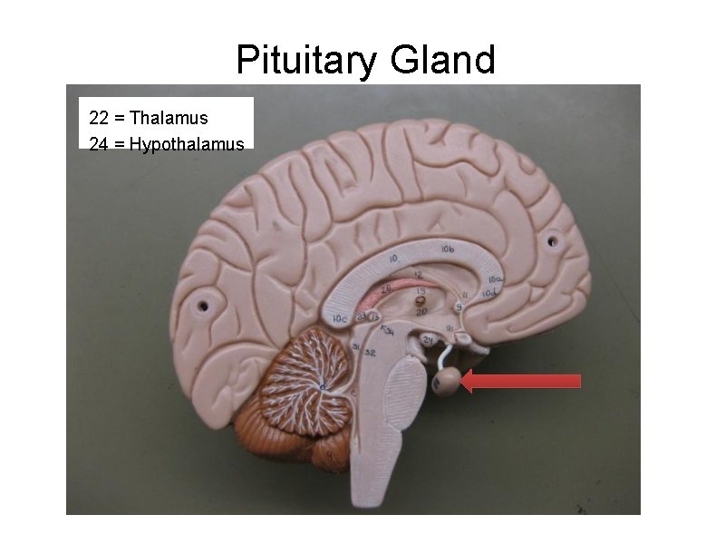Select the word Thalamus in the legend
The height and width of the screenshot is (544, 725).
coord(169,118)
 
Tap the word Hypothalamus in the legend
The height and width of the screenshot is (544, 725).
coord(187,143)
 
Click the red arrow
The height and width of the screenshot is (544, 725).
coord(520,381)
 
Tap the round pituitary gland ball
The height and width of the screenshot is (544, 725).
coord(446,382)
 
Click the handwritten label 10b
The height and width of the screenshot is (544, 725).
coord(448,249)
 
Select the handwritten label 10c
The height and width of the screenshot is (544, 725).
coord(341,318)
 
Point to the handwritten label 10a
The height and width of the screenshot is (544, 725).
coord(496,279)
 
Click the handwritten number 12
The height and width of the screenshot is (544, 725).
coord(419,274)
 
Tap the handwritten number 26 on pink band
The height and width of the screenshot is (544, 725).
coord(385,289)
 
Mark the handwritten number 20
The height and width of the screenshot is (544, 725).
coord(421,311)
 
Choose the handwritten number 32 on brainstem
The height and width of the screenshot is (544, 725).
coord(371,352)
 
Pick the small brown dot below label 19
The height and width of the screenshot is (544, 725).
coord(420,297)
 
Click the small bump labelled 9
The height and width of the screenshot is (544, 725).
coord(459,308)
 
